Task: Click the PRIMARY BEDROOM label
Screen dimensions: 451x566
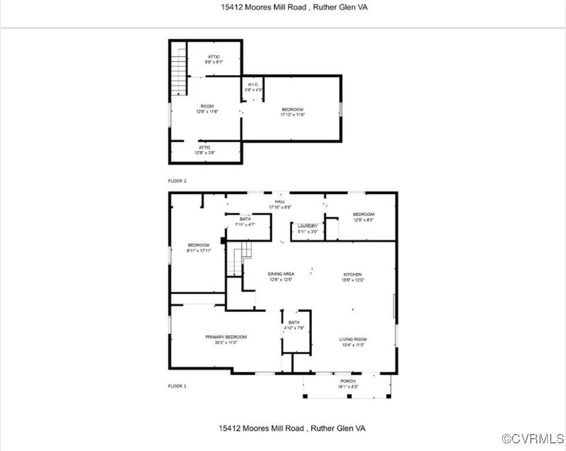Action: pos(225,337)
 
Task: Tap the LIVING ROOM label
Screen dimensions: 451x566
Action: pos(352,339)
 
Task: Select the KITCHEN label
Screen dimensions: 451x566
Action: pos(352,274)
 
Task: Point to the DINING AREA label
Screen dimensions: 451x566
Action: pos(281,274)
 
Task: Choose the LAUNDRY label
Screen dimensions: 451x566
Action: pos(307,226)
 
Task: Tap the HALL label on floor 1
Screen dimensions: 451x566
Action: pos(280,201)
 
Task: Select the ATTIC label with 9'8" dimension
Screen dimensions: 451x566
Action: pos(214,57)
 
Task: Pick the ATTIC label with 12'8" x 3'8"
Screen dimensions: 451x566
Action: pos(204,147)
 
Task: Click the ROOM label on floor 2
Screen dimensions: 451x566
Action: pos(207,106)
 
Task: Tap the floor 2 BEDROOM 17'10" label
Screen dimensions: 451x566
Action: pos(292,110)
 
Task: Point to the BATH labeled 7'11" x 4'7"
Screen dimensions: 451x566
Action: pos(244,219)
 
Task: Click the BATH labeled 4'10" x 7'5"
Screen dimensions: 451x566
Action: pos(294,322)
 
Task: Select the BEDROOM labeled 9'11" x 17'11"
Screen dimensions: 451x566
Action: pos(198,245)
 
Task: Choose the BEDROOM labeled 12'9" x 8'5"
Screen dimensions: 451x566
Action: pos(363,214)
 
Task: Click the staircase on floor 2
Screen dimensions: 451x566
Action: pos(178,72)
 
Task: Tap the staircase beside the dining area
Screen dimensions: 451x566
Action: pos(238,260)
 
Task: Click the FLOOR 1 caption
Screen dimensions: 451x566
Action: pos(177,386)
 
